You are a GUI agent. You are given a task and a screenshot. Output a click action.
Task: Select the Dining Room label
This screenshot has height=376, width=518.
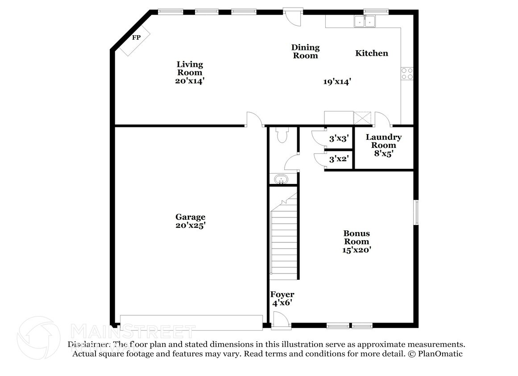point(305,51)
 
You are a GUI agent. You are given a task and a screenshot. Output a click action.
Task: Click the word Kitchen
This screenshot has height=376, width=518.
point(371,53)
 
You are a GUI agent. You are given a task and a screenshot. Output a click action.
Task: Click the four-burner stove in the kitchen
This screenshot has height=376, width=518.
point(407,73)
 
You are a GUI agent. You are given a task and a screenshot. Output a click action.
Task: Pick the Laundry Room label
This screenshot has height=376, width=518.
point(384,141)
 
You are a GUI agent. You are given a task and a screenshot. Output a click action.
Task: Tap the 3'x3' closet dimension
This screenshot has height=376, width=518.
point(338,139)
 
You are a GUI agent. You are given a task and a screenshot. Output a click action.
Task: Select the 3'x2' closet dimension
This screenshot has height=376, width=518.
point(338,159)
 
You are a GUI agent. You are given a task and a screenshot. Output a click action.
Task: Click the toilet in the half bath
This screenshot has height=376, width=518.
point(282,135)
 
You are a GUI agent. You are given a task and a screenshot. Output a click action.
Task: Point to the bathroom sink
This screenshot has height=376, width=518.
point(281,180)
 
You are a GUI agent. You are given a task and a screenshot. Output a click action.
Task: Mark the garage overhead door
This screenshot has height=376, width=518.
point(191,323)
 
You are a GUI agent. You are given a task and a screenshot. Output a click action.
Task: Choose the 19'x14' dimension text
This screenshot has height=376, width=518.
point(337,82)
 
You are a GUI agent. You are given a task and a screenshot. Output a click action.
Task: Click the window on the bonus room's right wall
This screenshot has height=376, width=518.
point(416,212)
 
